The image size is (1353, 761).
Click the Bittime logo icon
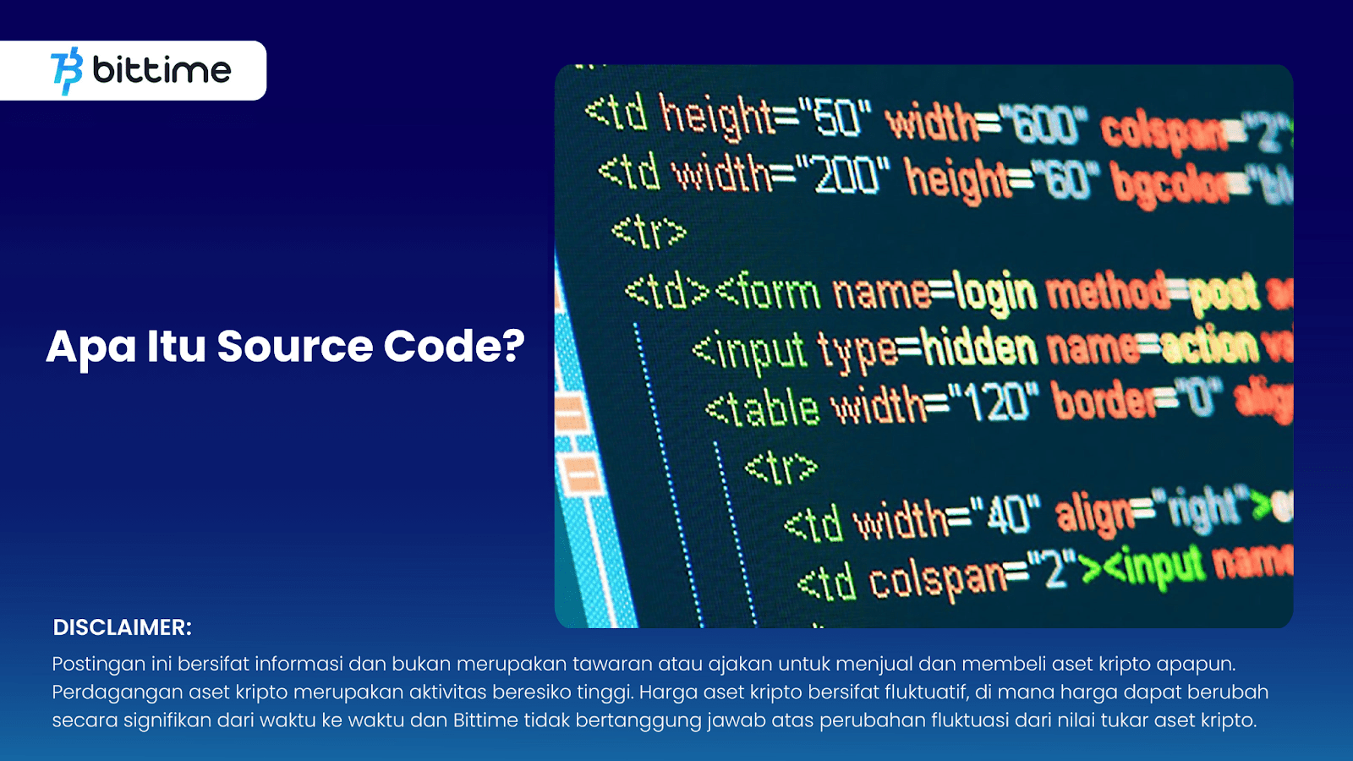[x=67, y=70]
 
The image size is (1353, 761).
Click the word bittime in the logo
[x=162, y=69]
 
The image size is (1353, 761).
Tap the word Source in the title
[x=294, y=346]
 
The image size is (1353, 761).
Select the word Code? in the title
[x=454, y=346]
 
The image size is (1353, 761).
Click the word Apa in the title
[x=90, y=347]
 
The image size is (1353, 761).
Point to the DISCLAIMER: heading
[x=123, y=627]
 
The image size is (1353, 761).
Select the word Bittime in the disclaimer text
[x=485, y=720]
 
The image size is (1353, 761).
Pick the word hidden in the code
[x=979, y=348]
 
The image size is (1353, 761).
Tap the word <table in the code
[x=762, y=409]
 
